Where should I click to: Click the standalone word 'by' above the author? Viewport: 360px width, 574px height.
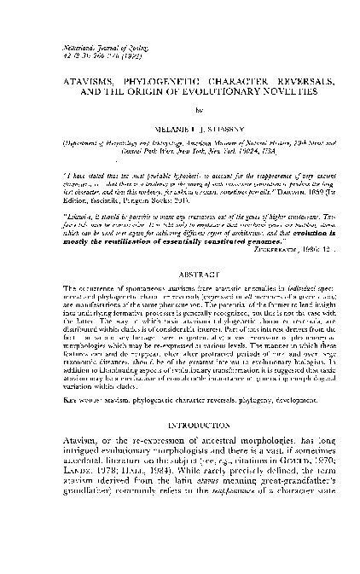click(179, 111)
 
